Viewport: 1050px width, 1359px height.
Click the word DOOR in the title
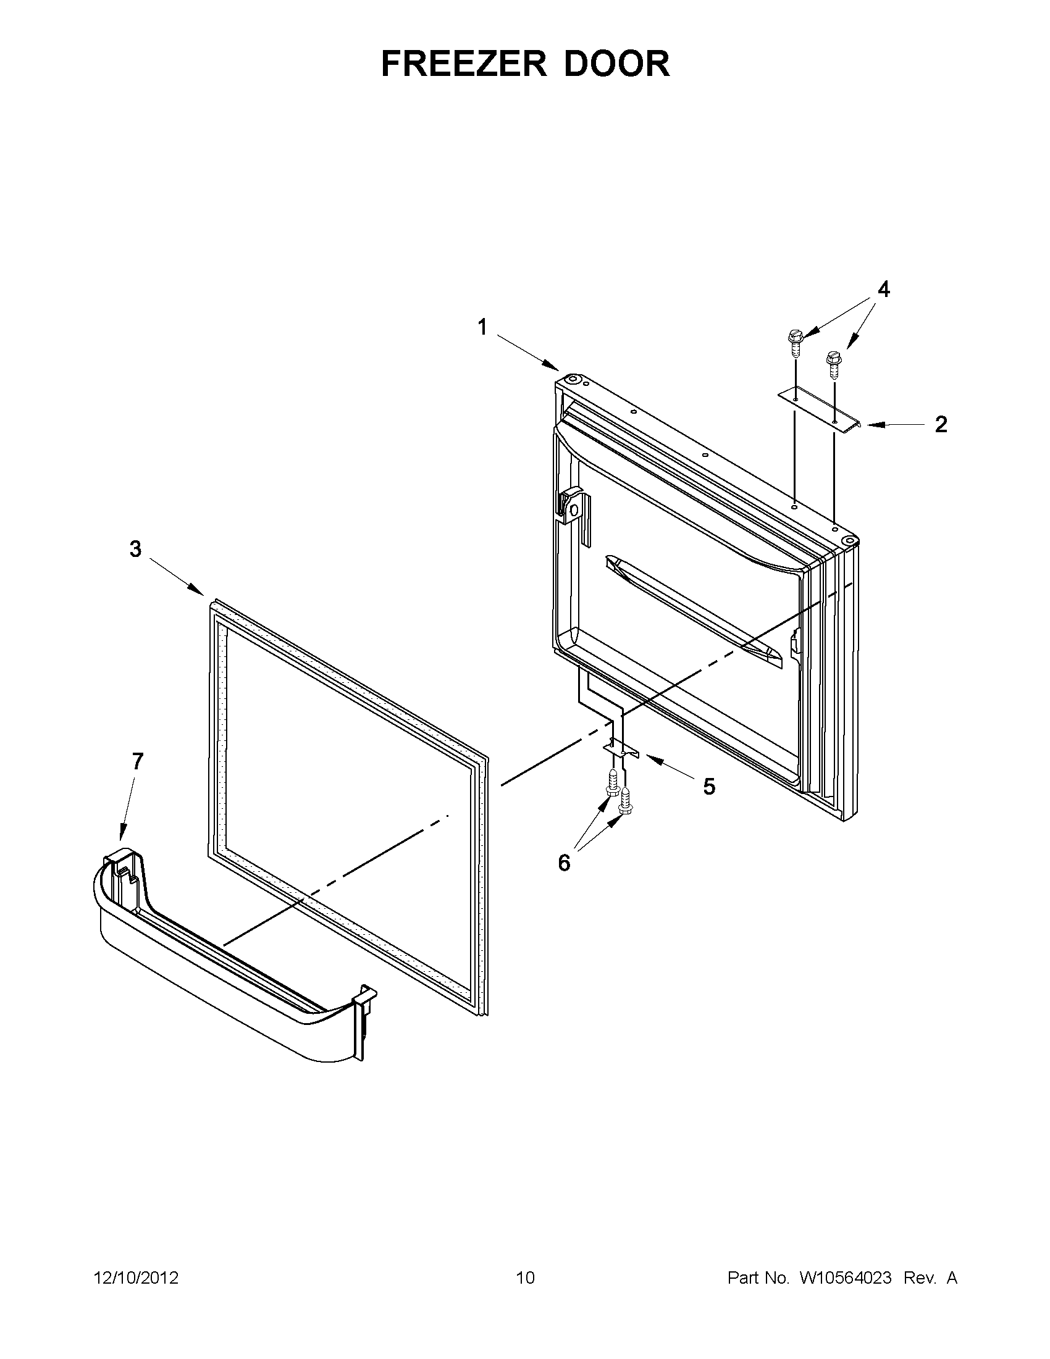point(617,64)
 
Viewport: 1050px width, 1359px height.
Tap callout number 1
point(482,327)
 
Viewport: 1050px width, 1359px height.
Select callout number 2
point(941,424)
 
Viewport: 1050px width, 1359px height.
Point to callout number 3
point(135,549)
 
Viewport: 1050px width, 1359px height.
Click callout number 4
point(883,290)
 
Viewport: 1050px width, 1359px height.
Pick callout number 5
point(709,787)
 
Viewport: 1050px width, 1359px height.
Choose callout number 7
point(137,761)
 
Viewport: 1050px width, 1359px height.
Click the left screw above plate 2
point(794,340)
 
